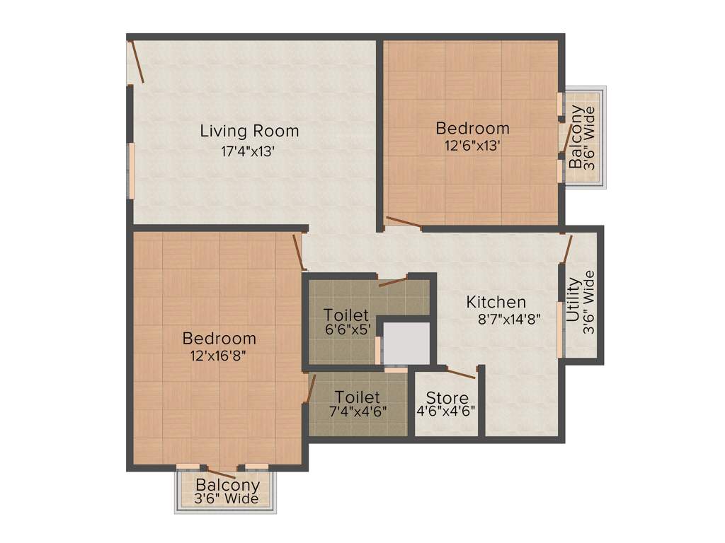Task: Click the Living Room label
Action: click(249, 131)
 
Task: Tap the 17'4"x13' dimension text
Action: click(249, 151)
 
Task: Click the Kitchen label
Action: click(496, 302)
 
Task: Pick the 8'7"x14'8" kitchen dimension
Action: click(510, 319)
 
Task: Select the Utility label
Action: click(574, 300)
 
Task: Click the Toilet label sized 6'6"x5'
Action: click(346, 314)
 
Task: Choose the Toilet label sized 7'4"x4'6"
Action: click(358, 397)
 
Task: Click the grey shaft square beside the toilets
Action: click(406, 344)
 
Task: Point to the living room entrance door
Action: click(137, 63)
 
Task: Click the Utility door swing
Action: click(567, 248)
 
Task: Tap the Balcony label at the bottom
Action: click(227, 485)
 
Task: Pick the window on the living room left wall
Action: click(131, 169)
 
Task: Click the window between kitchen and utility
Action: click(560, 329)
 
